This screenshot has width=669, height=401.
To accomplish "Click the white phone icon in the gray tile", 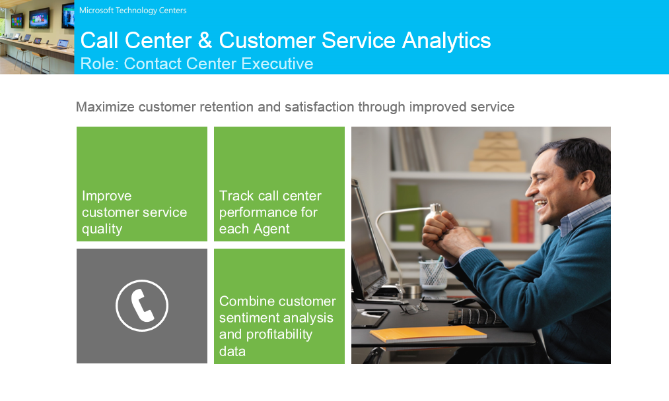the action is click(x=142, y=305).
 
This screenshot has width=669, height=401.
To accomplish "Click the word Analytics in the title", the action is click(x=446, y=41).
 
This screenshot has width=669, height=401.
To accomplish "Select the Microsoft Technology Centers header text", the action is click(x=133, y=11).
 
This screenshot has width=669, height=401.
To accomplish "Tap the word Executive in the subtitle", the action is click(x=277, y=64).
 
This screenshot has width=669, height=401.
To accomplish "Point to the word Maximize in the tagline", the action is click(x=105, y=107).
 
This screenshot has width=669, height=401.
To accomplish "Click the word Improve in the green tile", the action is click(x=107, y=196).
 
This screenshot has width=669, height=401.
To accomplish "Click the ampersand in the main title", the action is click(x=205, y=40).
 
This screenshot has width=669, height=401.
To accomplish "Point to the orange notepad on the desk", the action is click(x=428, y=333).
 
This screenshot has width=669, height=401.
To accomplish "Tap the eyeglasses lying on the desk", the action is click(x=413, y=307).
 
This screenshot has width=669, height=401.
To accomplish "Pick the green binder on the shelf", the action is click(x=408, y=213).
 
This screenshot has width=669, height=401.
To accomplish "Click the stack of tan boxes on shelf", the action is click(x=497, y=152).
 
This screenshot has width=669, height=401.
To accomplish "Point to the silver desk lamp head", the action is click(x=433, y=214).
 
